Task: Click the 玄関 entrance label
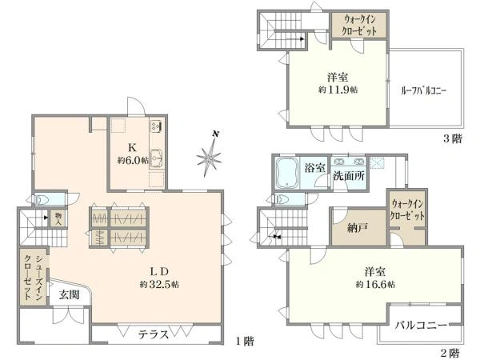point(69,294)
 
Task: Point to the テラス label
point(152,334)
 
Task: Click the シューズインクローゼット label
point(33,277)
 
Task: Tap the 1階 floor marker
point(244,342)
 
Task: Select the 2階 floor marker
point(450,352)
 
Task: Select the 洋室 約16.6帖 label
point(369,277)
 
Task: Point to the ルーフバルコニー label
point(423,90)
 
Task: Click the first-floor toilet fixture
point(45,199)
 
